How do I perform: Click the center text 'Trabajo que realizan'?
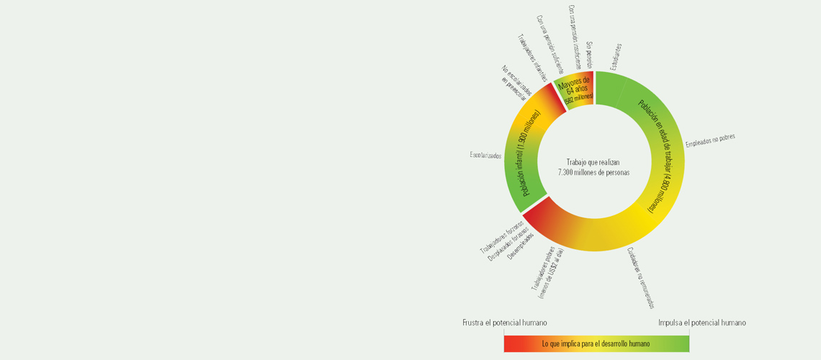(x=593, y=162)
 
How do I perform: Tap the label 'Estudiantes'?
(x=614, y=57)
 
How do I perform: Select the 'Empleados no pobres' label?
(x=709, y=140)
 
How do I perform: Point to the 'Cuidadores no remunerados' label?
(x=640, y=278)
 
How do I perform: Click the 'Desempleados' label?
(x=521, y=246)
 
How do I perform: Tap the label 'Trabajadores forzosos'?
(x=502, y=235)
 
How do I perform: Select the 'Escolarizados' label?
(x=485, y=155)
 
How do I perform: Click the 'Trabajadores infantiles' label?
(x=532, y=57)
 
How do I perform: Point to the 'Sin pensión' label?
(x=588, y=55)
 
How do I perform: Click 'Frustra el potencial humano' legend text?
(x=504, y=323)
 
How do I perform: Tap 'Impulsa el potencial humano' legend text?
(x=701, y=323)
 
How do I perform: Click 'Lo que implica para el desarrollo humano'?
(x=596, y=344)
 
